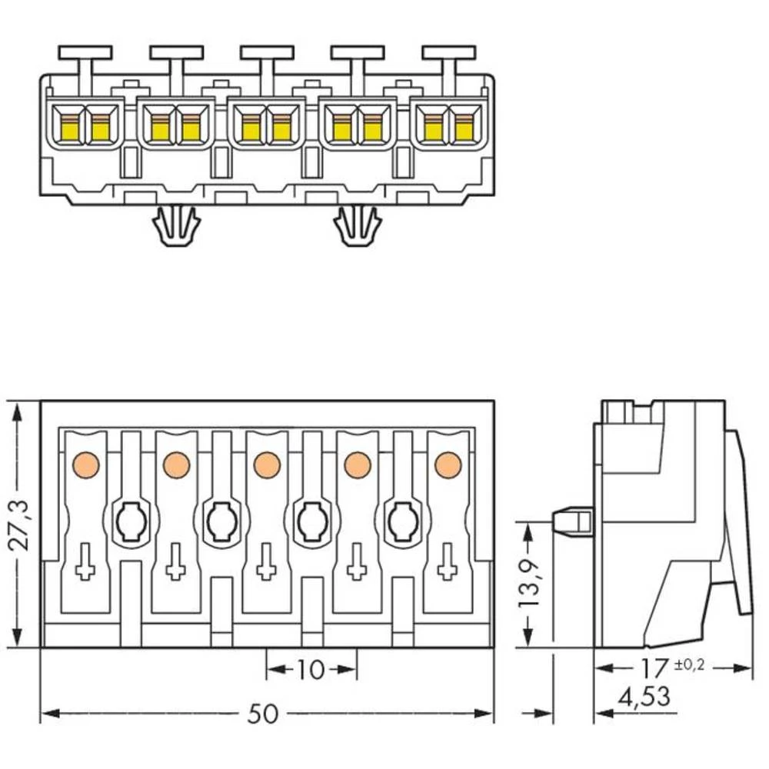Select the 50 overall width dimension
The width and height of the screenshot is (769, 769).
click(262, 714)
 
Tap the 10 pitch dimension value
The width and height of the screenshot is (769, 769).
click(311, 670)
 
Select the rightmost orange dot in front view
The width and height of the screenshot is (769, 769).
click(447, 464)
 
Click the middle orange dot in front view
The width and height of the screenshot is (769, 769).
click(266, 464)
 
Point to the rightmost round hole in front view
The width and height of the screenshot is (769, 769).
click(401, 523)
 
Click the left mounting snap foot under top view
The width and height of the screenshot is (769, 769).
click(176, 227)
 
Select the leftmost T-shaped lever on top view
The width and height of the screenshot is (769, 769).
click(85, 54)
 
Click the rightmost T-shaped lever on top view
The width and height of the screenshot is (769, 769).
click(448, 54)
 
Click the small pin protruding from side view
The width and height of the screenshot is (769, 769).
click(571, 521)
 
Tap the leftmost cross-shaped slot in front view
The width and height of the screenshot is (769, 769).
click(85, 563)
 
